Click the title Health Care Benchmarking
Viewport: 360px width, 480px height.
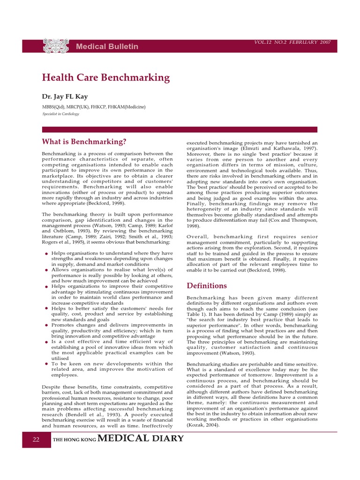(105, 78)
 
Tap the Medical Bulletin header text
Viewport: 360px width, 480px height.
(107, 46)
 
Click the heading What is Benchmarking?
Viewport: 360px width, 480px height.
(84, 142)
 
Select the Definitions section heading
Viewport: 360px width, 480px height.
(207, 285)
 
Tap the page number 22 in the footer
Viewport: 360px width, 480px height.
(36, 440)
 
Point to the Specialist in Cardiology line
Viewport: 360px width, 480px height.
(60, 114)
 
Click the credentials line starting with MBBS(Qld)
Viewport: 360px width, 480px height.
(94, 107)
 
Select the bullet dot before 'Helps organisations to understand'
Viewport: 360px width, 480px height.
(46, 254)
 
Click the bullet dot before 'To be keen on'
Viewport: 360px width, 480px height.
(46, 364)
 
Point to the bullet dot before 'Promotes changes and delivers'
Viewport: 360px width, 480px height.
(46, 325)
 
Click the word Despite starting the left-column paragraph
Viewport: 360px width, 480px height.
(52, 387)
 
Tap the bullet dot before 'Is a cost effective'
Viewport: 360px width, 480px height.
(46, 342)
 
